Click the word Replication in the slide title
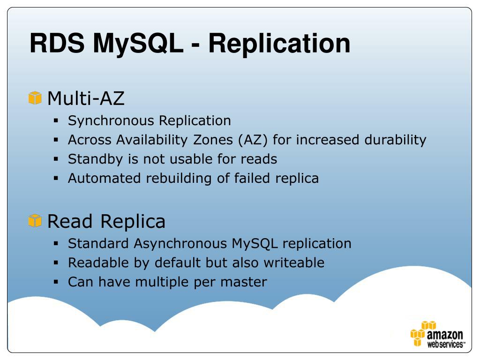tap(279, 43)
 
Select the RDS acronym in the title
tap(57, 43)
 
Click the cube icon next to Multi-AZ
tap(35, 98)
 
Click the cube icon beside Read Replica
tap(35, 220)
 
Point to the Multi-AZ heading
tap(86, 98)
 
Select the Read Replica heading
tap(106, 221)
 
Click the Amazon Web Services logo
tap(437, 334)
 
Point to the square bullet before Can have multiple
tap(56, 282)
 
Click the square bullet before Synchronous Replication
tap(56, 121)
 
